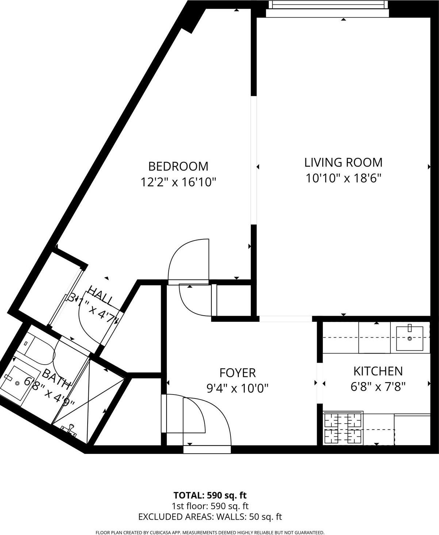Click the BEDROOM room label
pos(178,166)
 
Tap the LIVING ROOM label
pos(343,162)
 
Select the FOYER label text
pos(237,373)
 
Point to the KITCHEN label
pos(378,371)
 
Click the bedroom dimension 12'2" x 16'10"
pos(179,182)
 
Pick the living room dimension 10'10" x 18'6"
pos(343,178)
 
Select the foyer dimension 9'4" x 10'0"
pos(237,388)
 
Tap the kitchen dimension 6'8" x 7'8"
pos(378,386)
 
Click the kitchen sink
pos(409,338)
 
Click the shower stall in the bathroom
pos(91,398)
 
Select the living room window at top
pos(327,4)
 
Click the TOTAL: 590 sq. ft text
pos(210,495)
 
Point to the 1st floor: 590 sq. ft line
pos(210,506)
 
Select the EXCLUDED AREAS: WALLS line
pos(210,516)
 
